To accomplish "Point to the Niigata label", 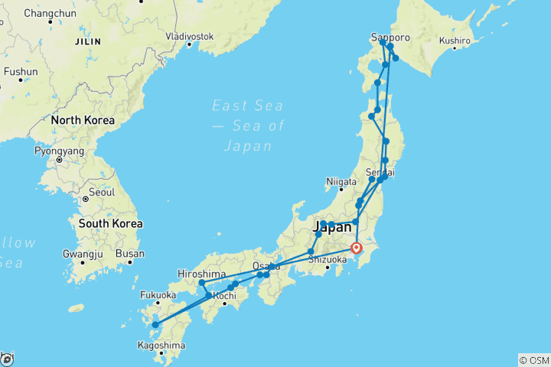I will click(x=342, y=182).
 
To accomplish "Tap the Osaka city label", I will click(x=265, y=266).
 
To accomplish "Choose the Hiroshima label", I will click(x=201, y=273).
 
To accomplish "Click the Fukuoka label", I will click(x=158, y=294).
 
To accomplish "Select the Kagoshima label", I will click(x=162, y=346).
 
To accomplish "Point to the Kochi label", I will click(x=223, y=295).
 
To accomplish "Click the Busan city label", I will click(x=131, y=254).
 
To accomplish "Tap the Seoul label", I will click(x=102, y=191).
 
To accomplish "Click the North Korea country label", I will click(x=83, y=120).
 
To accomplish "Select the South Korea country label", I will click(x=110, y=224).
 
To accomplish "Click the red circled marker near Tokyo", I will click(x=357, y=247).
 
